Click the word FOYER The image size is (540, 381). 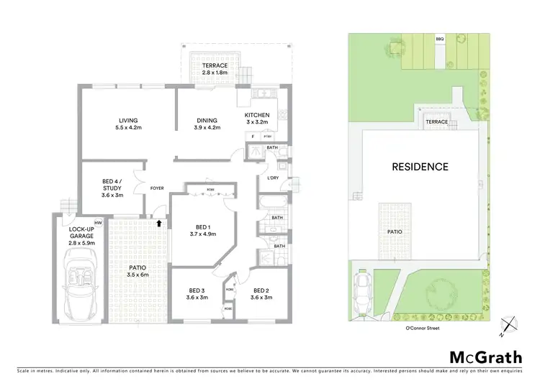157,188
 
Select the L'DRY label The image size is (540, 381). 273,178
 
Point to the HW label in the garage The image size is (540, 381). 97,223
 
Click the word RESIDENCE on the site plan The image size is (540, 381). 420,167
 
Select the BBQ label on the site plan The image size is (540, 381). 440,38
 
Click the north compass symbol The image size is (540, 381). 509,326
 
